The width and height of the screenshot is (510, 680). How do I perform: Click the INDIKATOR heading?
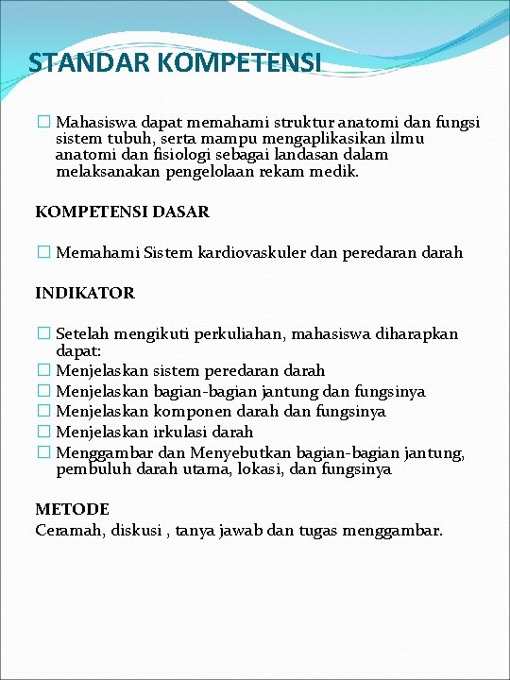[85, 293]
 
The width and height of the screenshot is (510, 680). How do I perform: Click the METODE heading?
[72, 510]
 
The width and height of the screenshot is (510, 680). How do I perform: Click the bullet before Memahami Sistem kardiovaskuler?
[42, 253]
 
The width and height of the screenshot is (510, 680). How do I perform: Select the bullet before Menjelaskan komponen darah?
[42, 412]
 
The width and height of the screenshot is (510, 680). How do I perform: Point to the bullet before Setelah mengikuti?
[42, 333]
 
